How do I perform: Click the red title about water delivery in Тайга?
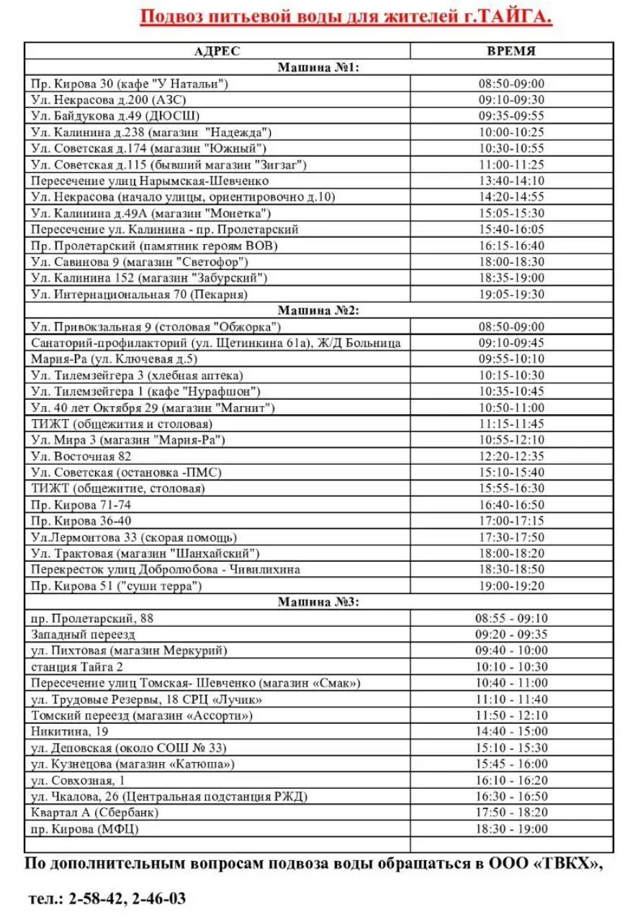(346, 17)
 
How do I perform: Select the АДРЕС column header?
(217, 51)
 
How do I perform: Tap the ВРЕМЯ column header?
(511, 51)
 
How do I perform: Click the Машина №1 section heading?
(319, 68)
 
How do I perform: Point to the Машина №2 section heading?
(319, 310)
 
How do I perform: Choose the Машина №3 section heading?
(319, 602)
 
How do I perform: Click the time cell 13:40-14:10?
(511, 181)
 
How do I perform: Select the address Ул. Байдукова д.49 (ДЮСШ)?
(116, 116)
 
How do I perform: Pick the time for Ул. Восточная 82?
(511, 456)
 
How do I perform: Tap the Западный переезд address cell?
(84, 635)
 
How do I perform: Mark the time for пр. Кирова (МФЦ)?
(511, 829)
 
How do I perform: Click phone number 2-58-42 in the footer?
(97, 899)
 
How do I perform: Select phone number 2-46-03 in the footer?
(159, 899)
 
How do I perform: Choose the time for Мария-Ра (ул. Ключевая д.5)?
(511, 359)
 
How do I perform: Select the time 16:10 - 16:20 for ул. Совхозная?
(511, 780)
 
